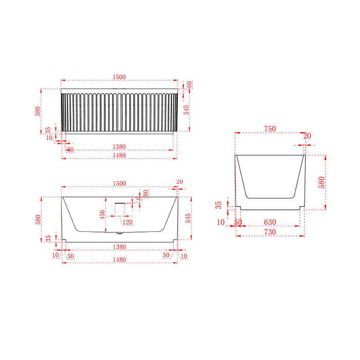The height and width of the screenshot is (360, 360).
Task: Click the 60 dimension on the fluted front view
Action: (x=190, y=84)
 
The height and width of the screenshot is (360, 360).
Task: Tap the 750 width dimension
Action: (x=270, y=129)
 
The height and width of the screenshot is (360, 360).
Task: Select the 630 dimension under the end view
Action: (x=270, y=222)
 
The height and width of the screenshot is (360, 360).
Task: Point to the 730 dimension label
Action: (x=270, y=232)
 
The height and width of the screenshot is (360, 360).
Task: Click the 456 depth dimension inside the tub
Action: (x=103, y=214)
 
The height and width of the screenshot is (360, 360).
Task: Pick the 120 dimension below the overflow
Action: (x=128, y=222)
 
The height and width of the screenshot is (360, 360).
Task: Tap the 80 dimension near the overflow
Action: (x=146, y=193)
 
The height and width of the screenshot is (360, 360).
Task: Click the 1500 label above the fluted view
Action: (x=119, y=77)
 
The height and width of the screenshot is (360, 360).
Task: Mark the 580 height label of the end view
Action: (x=322, y=182)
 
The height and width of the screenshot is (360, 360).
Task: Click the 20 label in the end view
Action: (x=308, y=136)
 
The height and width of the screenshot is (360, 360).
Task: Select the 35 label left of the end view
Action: (x=219, y=204)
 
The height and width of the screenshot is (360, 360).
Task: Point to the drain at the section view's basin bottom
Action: (x=120, y=232)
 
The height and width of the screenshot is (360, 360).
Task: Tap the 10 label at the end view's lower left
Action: (x=221, y=222)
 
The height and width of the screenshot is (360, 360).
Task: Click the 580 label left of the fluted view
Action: (x=38, y=111)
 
